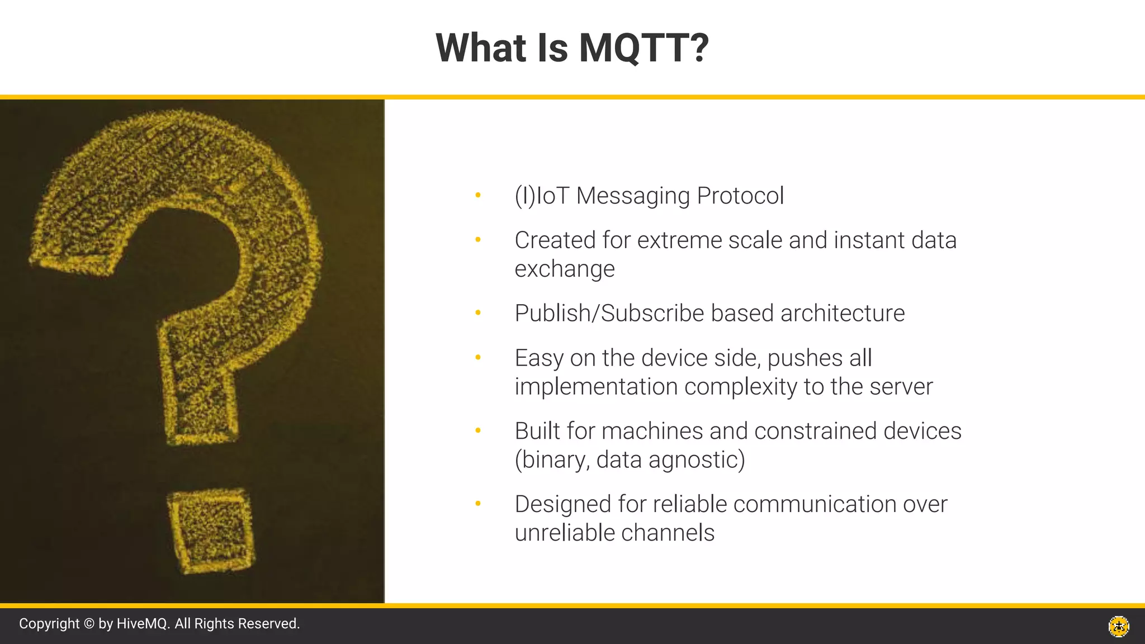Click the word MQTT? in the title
(644, 48)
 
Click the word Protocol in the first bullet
(740, 196)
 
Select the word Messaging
(633, 196)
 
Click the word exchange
(564, 269)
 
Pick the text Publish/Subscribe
(609, 314)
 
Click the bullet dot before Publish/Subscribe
(478, 313)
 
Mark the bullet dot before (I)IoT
(478, 195)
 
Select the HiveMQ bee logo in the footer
(1119, 626)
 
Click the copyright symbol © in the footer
(89, 624)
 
